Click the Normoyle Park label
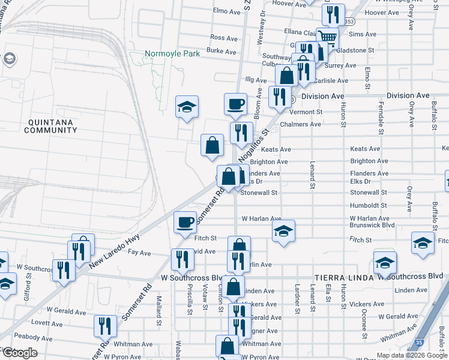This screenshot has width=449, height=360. (172, 54)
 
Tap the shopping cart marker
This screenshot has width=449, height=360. (327, 37)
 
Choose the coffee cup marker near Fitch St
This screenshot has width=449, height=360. (185, 222)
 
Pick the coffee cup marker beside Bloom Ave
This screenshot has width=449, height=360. (235, 103)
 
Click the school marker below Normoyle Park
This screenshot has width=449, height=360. (187, 107)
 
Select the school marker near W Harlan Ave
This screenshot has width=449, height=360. (283, 230)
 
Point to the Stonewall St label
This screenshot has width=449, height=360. (259, 193)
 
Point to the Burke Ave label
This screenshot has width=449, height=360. (221, 52)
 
